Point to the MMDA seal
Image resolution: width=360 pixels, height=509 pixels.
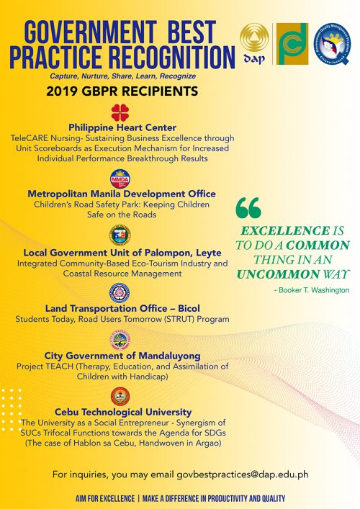pyautogui.click(x=120, y=179)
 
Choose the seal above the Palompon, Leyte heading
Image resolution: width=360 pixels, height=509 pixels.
pyautogui.click(x=120, y=235)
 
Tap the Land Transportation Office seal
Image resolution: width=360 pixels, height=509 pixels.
pyautogui.click(x=120, y=293)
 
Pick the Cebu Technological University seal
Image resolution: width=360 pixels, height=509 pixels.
pyautogui.click(x=120, y=396)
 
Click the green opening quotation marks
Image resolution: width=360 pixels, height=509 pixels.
pyautogui.click(x=248, y=208)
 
